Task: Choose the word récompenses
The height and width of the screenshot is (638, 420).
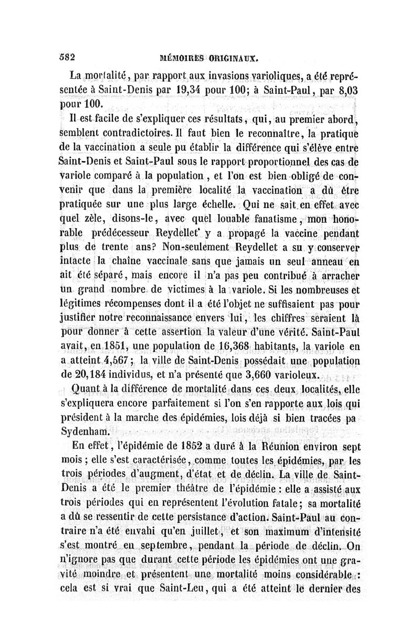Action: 133,304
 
